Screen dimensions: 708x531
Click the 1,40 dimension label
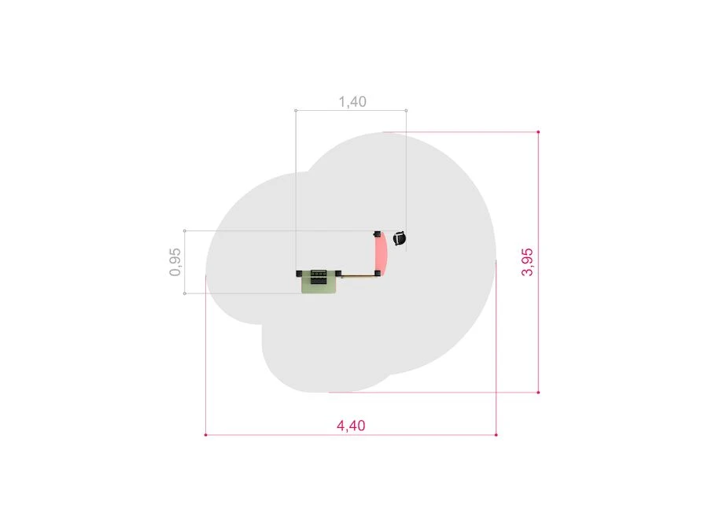point(352,101)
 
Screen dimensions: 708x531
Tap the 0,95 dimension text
point(175,262)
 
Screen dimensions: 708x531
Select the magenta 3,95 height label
point(527,262)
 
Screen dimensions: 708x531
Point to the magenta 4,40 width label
point(351,426)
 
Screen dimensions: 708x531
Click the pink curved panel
point(382,254)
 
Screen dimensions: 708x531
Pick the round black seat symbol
point(400,238)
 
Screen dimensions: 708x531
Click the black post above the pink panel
point(377,234)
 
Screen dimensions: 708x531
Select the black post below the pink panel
point(378,273)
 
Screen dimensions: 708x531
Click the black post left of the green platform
point(299,273)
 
